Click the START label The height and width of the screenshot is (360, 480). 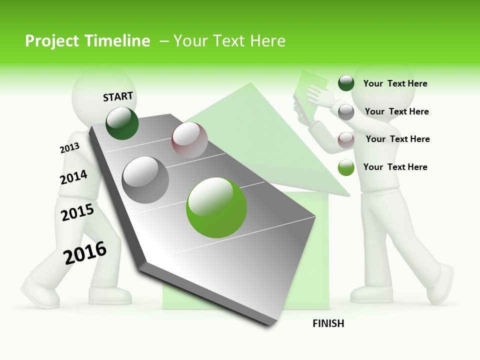pos(118,96)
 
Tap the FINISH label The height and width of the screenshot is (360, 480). pos(328,323)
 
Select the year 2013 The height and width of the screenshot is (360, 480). pos(69,148)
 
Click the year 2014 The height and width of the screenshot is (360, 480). pos(73,177)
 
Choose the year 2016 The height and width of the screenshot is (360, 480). pos(85,252)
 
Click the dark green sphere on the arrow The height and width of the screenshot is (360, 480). pos(122,123)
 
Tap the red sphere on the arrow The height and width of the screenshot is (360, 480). pos(189,139)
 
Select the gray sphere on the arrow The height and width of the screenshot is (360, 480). pos(145,180)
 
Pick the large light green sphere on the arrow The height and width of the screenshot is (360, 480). pos(216,207)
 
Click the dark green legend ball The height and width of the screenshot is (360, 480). pos(346,83)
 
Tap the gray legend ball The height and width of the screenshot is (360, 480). pos(346,111)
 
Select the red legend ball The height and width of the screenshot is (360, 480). pos(346,139)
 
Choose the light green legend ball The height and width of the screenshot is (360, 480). pos(346,167)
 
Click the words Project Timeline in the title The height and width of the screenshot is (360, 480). pos(87,41)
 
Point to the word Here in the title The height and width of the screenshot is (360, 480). pos(267,41)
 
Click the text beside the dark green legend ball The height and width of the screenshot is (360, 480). pos(395,83)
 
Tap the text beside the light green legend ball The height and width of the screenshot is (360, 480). pos(395,167)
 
